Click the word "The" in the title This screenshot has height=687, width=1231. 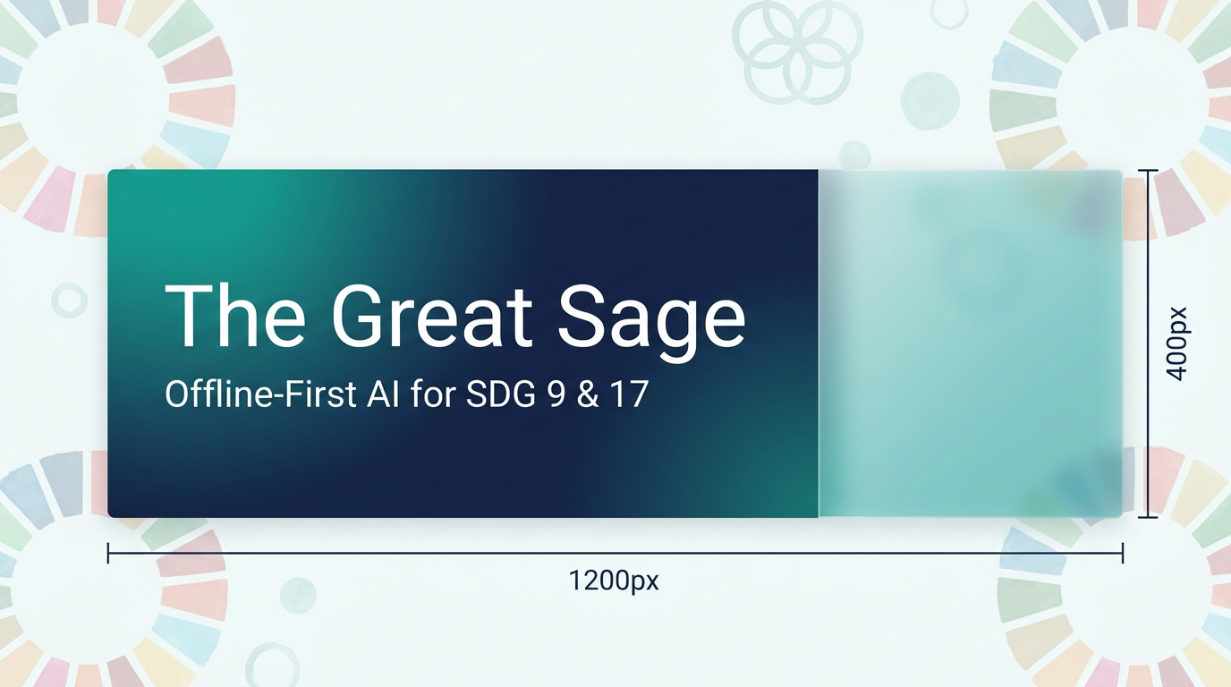234,316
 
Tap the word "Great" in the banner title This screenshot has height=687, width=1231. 431,316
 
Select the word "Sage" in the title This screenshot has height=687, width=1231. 652,323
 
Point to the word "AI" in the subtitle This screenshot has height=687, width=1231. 383,394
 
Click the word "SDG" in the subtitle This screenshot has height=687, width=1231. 501,394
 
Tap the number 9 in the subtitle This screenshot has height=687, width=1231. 556,394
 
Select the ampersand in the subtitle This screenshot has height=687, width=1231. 588,394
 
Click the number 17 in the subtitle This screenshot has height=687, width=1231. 630,394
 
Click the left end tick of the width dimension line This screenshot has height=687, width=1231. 108,553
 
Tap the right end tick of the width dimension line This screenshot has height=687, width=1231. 1123,553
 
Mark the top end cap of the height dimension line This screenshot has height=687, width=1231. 1148,171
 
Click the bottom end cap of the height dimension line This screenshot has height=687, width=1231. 1148,517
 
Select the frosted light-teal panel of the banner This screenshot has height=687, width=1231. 971,343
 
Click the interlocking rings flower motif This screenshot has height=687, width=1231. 797,51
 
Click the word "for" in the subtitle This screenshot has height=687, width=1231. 433,394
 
